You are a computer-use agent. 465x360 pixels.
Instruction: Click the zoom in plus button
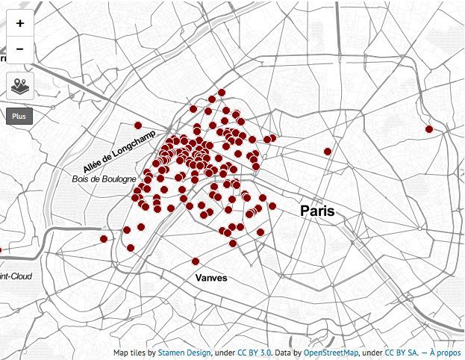(x=19, y=23)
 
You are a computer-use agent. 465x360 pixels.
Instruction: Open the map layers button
(x=19, y=87)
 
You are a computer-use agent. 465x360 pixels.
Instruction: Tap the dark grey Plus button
(x=19, y=117)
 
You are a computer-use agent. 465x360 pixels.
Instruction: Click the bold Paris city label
(x=317, y=211)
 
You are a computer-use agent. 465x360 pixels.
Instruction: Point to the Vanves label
(x=210, y=278)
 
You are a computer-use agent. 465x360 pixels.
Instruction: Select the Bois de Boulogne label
(x=104, y=179)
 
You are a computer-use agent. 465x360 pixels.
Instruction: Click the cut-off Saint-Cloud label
(x=16, y=276)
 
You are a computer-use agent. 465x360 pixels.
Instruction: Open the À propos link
(x=445, y=353)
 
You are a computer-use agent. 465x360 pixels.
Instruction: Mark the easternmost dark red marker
(x=429, y=129)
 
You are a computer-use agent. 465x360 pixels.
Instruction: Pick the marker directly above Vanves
(x=196, y=261)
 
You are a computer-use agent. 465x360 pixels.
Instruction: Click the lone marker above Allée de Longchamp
(x=137, y=125)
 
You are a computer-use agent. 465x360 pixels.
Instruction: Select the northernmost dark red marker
(x=222, y=93)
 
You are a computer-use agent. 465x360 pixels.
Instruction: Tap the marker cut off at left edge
(x=1, y=250)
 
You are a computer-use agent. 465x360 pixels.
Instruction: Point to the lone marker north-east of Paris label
(x=328, y=152)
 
